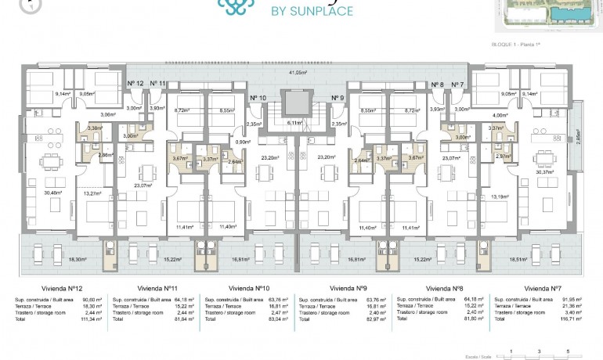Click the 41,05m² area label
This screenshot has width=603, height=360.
coord(297,72)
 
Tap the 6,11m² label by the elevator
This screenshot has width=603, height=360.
coord(296,122)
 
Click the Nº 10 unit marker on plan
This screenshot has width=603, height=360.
coord(257,98)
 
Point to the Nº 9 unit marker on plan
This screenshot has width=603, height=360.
coord(337,98)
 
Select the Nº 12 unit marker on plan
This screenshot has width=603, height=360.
coord(135,83)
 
